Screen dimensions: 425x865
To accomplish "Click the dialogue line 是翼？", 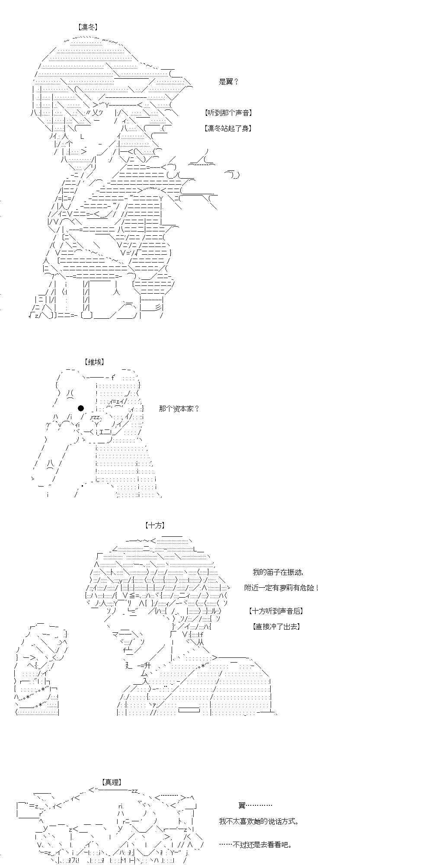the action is (229, 82).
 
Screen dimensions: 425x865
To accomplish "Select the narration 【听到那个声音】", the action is (228, 113).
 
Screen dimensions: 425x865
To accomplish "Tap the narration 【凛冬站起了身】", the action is (228, 128).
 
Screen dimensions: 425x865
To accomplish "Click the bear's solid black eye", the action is (81, 408).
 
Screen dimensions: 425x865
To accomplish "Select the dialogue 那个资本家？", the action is (179, 408).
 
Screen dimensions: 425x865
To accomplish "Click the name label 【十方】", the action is (155, 525).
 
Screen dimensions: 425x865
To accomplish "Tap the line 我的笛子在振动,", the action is (278, 572).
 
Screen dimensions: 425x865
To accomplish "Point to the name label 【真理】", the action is (112, 782).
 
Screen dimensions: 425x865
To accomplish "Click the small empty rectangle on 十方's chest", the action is (189, 710).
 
